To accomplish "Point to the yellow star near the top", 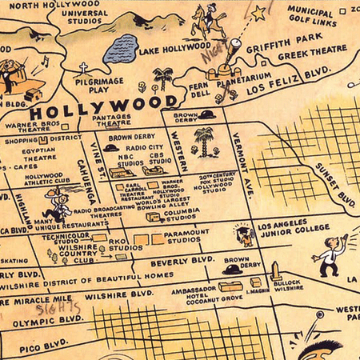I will (x=258, y=14).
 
